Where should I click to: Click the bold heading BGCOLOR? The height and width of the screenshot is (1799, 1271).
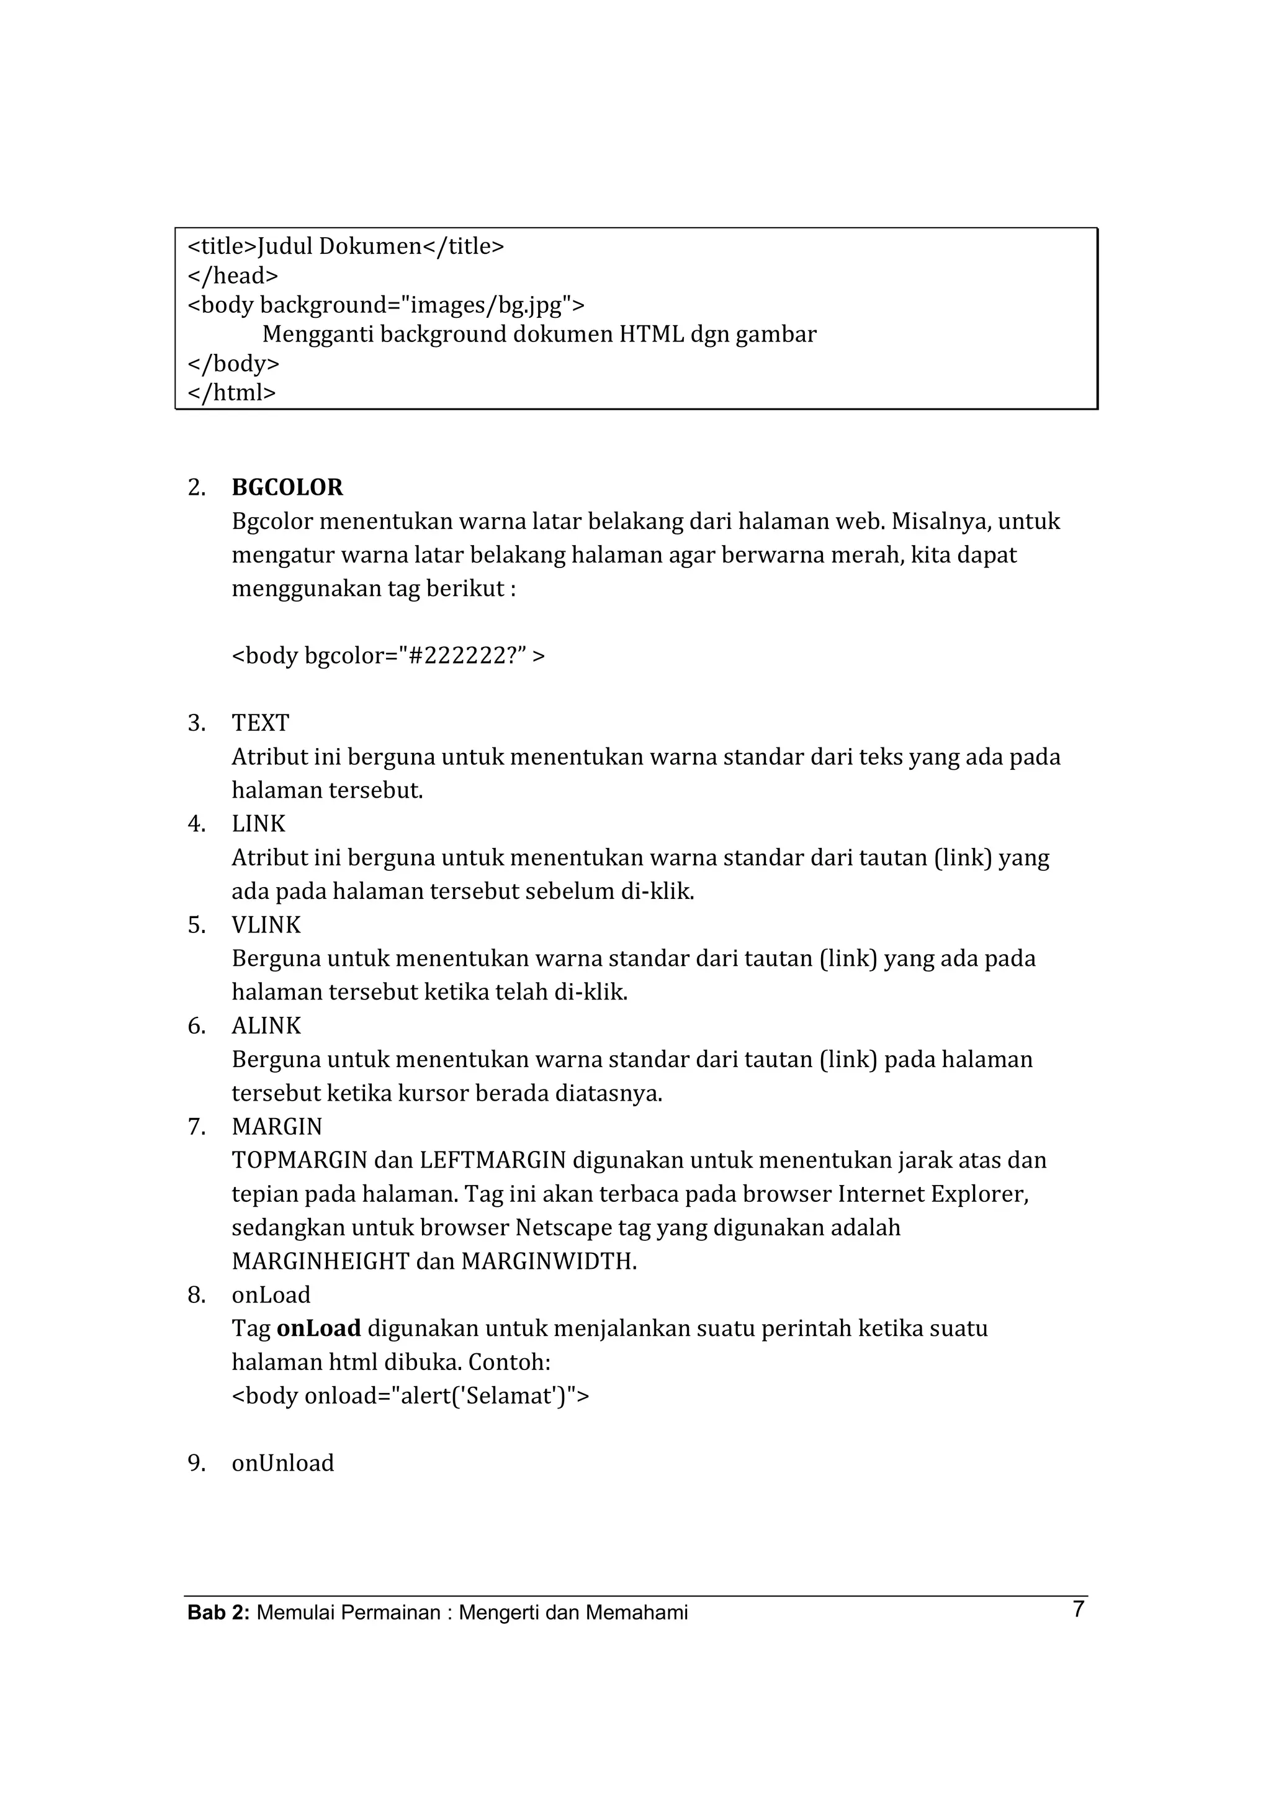[287, 487]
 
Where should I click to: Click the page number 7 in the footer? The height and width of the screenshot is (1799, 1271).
[1079, 1610]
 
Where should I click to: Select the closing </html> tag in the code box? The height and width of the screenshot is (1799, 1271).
[233, 392]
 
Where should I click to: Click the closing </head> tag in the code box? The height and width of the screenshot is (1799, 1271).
[233, 276]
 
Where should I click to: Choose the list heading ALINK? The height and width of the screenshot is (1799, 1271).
[266, 1026]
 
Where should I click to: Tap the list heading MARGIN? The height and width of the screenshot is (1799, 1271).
[277, 1127]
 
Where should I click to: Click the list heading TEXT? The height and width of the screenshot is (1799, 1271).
[261, 723]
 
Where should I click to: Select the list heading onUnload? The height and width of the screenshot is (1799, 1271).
[283, 1463]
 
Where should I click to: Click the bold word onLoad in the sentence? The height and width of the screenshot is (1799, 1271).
[319, 1328]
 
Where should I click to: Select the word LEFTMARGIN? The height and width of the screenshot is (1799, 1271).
[493, 1160]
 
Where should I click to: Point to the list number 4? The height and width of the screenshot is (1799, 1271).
[195, 824]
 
